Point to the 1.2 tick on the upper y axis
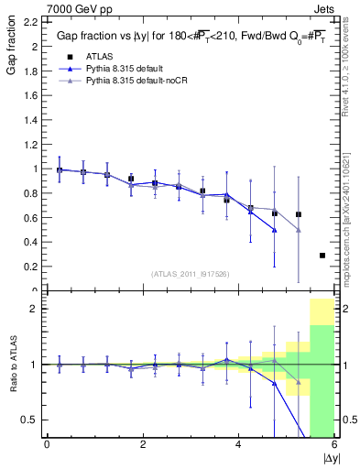click(x=33, y=145)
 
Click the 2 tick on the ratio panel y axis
click(x=35, y=309)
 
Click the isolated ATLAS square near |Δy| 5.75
click(x=322, y=256)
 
